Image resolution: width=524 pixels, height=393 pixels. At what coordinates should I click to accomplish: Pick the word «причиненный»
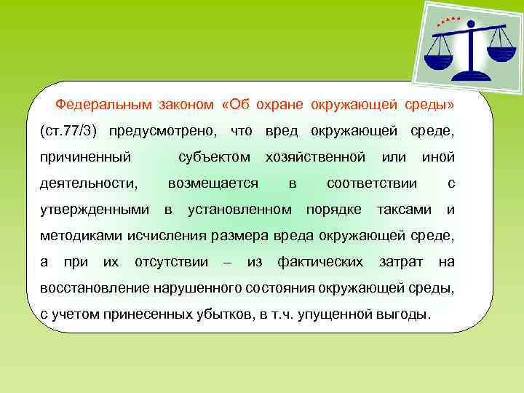tap(85, 156)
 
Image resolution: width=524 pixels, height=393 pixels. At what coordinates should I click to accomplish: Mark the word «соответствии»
tap(372, 183)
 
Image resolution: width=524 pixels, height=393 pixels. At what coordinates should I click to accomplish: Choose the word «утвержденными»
tap(94, 210)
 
